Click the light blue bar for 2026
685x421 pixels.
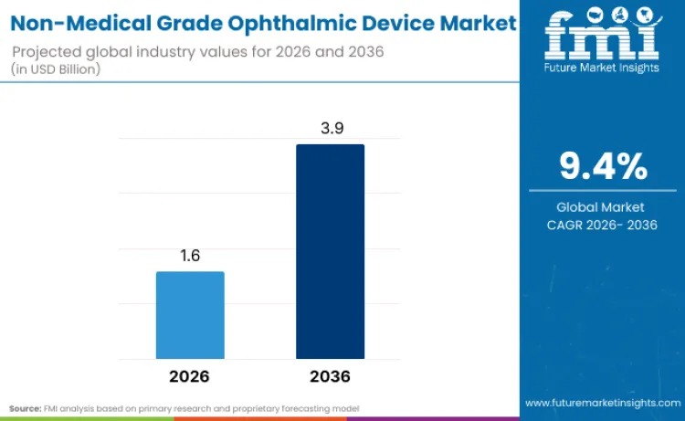point(190,315)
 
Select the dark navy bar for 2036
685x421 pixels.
point(330,251)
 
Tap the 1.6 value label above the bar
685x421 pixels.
point(190,256)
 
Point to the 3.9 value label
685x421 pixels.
point(330,129)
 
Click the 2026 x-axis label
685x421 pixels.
point(190,376)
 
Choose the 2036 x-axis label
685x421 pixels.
point(330,376)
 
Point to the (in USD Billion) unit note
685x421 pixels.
point(56,68)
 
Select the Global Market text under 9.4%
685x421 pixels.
point(601,207)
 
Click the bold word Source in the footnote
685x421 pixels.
point(25,407)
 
